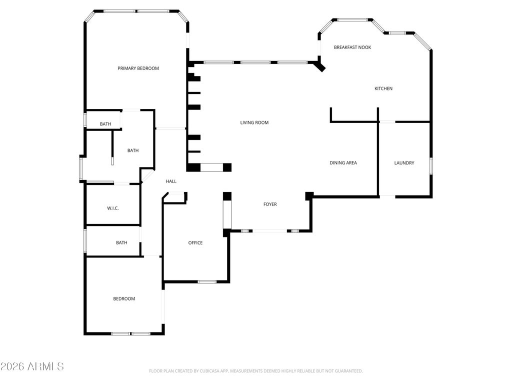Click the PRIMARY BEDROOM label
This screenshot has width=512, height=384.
pyautogui.click(x=138, y=68)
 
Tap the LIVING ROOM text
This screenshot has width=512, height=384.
pyautogui.click(x=254, y=122)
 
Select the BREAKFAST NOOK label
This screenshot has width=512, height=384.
pyautogui.click(x=352, y=47)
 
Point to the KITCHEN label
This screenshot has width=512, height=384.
pyautogui.click(x=383, y=89)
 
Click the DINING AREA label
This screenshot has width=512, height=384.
pyautogui.click(x=343, y=163)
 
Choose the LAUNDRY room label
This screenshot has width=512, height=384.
pyautogui.click(x=404, y=163)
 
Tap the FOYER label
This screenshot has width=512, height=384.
pyautogui.click(x=270, y=204)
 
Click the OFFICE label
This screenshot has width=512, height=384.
pyautogui.click(x=195, y=243)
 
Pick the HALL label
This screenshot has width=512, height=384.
pyautogui.click(x=171, y=181)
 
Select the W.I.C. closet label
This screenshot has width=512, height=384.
pyautogui.click(x=112, y=208)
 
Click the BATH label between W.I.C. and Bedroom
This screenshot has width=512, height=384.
pyautogui.click(x=121, y=243)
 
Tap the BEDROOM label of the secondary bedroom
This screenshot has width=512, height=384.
pyautogui.click(x=123, y=299)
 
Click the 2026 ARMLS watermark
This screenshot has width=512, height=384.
pyautogui.click(x=32, y=366)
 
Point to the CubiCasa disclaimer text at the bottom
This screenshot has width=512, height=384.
pyautogui.click(x=255, y=371)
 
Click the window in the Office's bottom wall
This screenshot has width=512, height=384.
pyautogui.click(x=207, y=282)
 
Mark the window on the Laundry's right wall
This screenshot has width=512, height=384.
pyautogui.click(x=431, y=165)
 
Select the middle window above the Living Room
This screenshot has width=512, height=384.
pyautogui.click(x=255, y=62)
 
